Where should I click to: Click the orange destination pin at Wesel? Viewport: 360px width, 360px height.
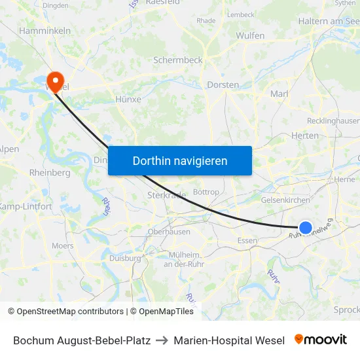tap(55, 81)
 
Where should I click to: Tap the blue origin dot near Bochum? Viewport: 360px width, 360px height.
tap(305, 228)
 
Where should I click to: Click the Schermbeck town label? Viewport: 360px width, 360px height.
tap(178, 60)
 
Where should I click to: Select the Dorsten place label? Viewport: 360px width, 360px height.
tap(223, 85)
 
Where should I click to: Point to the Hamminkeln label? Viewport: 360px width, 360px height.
tap(45, 31)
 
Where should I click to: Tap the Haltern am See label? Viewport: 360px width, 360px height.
tap(329, 21)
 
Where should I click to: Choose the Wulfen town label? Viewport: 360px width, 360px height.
tap(250, 35)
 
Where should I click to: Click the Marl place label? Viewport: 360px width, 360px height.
tap(279, 94)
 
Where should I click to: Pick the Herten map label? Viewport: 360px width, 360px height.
tap(304, 135)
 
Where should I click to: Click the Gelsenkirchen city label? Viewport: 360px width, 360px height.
tap(285, 200)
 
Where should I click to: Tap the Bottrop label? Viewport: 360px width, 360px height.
tap(207, 192)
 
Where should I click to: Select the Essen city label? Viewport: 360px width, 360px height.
tap(247, 241)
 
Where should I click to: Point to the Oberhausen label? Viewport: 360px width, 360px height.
tap(169, 232)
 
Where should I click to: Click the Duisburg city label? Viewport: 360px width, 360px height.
tap(125, 258)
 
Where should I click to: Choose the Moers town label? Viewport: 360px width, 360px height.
tap(63, 246)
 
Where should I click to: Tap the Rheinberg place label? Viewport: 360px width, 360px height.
tap(50, 173)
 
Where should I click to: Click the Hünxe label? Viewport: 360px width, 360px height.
tap(128, 99)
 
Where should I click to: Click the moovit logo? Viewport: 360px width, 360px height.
tap(321, 340)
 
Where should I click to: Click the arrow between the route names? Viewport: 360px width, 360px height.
tap(162, 340)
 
